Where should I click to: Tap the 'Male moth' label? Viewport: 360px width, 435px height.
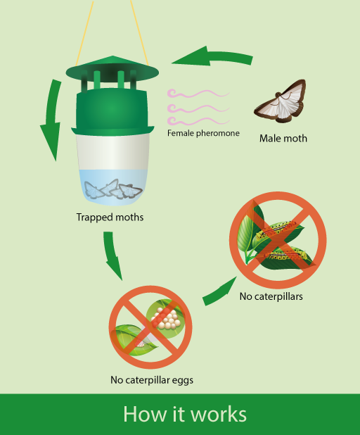pos(283,138)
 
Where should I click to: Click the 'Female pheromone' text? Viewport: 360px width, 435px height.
pos(203,133)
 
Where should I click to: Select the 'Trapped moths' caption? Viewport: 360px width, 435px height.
pos(110,217)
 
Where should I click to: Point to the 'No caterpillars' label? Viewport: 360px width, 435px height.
pos(271,296)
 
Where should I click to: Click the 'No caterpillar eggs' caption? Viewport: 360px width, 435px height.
pos(152,380)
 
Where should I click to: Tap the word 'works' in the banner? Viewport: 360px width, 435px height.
pos(219,414)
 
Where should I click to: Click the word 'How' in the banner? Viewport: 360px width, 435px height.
pos(146,414)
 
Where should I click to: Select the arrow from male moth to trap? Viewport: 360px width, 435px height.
pos(213,56)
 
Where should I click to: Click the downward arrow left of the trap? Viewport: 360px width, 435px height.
pos(52,119)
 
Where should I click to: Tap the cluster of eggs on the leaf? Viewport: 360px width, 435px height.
pos(165,318)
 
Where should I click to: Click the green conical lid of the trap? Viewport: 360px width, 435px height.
pos(112,69)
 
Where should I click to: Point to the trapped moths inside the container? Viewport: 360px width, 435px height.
pos(113,189)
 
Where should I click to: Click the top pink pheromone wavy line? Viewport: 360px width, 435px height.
pos(198,94)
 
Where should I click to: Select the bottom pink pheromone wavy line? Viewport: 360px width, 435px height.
pos(198,121)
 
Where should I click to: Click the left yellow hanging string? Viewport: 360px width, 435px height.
pos(84,33)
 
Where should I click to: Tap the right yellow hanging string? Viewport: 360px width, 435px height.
pos(139,33)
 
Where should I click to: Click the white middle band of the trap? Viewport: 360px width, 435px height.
pos(112,152)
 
